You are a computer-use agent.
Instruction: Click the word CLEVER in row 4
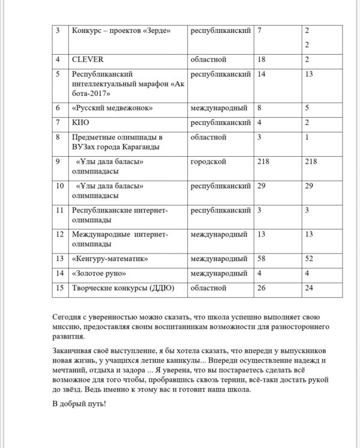tap(88, 59)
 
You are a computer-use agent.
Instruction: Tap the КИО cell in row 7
tap(80, 123)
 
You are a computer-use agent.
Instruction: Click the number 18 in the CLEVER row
tap(261, 59)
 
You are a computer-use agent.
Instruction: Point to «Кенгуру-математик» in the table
tap(110, 259)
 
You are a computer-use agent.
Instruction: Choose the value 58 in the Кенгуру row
tap(261, 259)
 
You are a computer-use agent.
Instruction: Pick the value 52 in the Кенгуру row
tap(309, 259)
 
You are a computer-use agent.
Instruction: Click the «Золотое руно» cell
tap(99, 273)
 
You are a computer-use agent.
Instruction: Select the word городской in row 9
tap(208, 162)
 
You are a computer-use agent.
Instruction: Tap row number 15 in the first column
tap(59, 288)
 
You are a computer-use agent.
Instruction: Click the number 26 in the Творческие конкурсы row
tap(261, 288)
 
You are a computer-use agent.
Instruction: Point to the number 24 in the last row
tap(309, 288)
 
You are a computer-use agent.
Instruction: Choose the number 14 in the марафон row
tap(261, 74)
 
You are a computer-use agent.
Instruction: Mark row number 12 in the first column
tap(59, 234)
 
